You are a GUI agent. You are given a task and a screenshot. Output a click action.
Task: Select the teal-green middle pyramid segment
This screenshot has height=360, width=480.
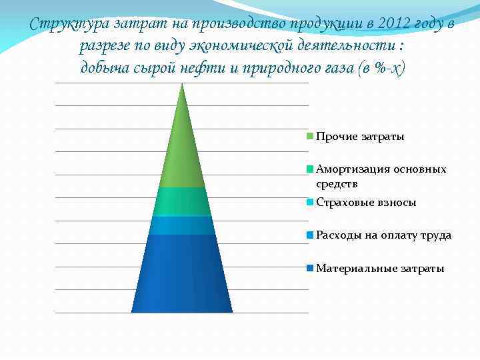click(182, 202)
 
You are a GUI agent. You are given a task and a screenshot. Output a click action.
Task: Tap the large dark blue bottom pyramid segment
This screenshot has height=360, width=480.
click(182, 273)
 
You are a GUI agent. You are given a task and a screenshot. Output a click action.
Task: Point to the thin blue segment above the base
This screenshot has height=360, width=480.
click(182, 225)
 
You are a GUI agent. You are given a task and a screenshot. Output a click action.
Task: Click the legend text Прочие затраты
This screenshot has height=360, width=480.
click(360, 137)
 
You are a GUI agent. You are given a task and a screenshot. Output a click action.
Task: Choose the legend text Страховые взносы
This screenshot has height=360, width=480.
click(366, 203)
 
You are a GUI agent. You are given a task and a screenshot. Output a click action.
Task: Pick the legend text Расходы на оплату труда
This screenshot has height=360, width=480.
click(383, 235)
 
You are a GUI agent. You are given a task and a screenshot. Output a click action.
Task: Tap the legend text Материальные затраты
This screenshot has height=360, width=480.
click(380, 268)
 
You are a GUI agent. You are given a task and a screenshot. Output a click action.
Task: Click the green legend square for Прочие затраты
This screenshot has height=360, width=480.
click(310, 137)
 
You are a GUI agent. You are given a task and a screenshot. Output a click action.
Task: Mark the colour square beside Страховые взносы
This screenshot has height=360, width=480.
click(310, 203)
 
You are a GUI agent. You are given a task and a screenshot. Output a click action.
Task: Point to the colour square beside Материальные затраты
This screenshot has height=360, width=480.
click(310, 268)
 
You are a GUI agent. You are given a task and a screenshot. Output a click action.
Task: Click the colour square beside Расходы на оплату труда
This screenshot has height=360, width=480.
click(310, 235)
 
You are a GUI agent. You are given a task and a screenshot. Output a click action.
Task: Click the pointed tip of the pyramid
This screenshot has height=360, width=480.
click(182, 85)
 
